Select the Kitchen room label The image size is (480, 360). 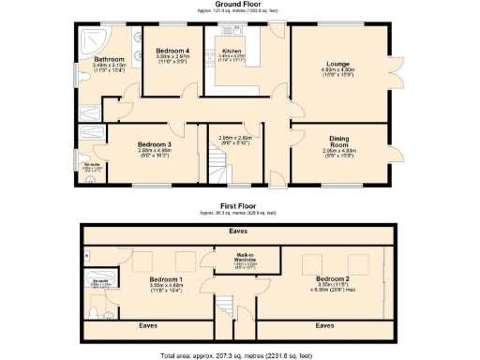click(231, 51)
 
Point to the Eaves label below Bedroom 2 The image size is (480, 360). click(324, 326)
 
